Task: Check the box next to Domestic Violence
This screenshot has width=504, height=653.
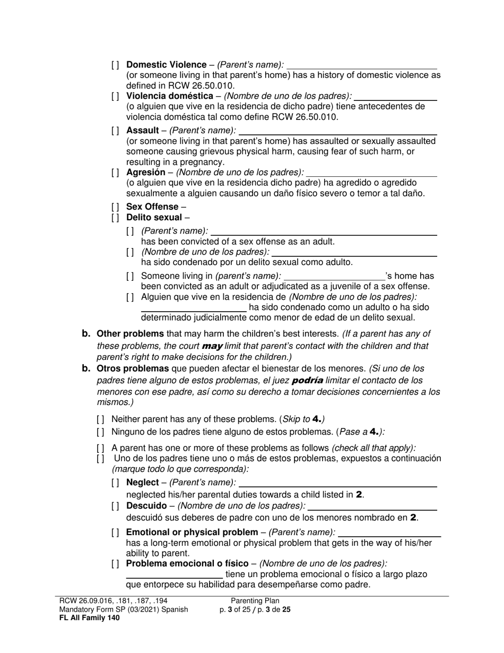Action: (x=116, y=65)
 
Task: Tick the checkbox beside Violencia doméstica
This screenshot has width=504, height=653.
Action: (x=116, y=97)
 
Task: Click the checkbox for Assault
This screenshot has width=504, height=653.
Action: (x=116, y=131)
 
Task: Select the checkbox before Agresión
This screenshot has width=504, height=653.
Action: (x=116, y=173)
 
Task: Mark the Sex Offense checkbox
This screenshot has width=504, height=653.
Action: (x=116, y=207)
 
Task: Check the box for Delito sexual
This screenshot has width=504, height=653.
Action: (x=116, y=218)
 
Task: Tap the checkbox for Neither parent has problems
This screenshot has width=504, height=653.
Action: (x=101, y=419)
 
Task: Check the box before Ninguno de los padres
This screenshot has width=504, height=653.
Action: (x=101, y=432)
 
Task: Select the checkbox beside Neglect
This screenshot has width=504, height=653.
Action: (x=116, y=483)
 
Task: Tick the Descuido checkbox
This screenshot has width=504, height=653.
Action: (x=116, y=506)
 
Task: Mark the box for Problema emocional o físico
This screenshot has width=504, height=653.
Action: (x=116, y=564)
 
